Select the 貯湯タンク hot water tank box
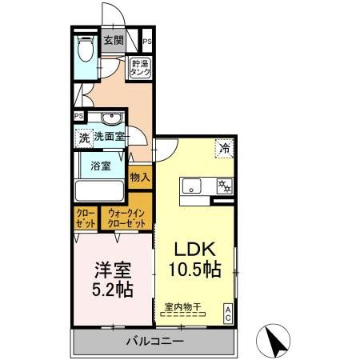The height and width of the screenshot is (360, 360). coord(142,68)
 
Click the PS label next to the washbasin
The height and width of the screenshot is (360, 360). coord(78,116)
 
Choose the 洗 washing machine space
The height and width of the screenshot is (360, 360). coord(84,138)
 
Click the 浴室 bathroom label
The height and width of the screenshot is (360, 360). coord(100,168)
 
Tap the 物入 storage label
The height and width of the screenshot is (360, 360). coord(141,174)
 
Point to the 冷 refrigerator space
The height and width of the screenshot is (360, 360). coord(225,147)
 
